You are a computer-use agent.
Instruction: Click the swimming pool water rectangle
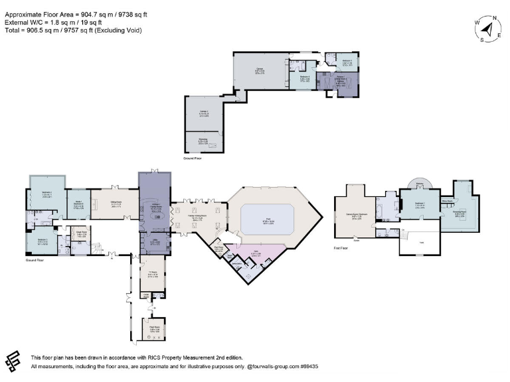tap(266, 218)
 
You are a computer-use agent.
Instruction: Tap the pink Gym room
tap(256, 253)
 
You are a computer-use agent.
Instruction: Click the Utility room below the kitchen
tap(155, 243)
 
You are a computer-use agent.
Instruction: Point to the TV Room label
tap(153, 274)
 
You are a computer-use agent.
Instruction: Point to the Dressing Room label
tap(459, 214)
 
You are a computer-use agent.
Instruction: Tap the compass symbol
tap(490, 29)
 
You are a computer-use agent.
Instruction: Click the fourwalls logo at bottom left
tap(14, 361)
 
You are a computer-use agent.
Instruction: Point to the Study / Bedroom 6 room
tap(78, 205)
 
